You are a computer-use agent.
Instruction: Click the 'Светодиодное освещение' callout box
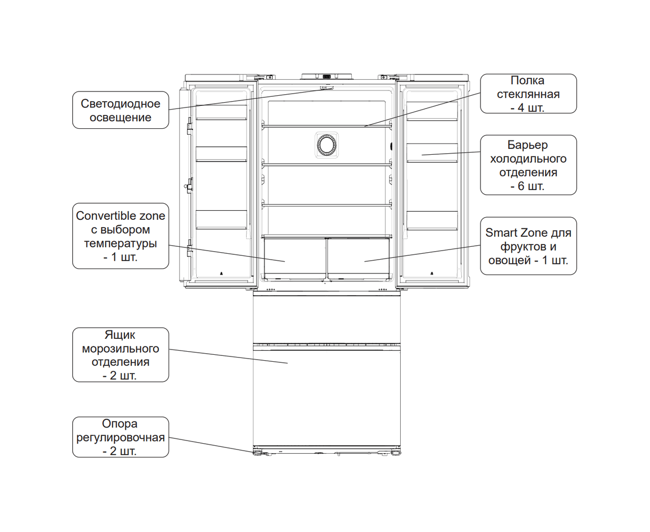click(121, 110)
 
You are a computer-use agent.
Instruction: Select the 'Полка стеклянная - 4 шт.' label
click(528, 94)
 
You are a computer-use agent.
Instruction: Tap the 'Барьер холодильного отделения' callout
click(528, 165)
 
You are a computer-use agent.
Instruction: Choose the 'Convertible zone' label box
click(121, 236)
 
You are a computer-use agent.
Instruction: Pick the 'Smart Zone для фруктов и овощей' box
click(528, 246)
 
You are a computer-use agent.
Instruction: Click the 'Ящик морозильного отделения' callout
click(121, 354)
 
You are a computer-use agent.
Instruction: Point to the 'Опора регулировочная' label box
click(121, 437)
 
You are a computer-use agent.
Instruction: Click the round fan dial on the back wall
click(327, 145)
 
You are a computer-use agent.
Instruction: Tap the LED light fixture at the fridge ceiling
click(327, 88)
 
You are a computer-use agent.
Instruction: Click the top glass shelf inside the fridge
click(327, 126)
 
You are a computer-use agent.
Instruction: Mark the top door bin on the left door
click(221, 112)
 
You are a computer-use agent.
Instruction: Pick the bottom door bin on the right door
click(432, 221)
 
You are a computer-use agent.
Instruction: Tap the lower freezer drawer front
click(327, 396)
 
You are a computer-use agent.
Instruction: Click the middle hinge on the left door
click(190, 186)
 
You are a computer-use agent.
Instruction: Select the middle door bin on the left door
click(221, 154)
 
